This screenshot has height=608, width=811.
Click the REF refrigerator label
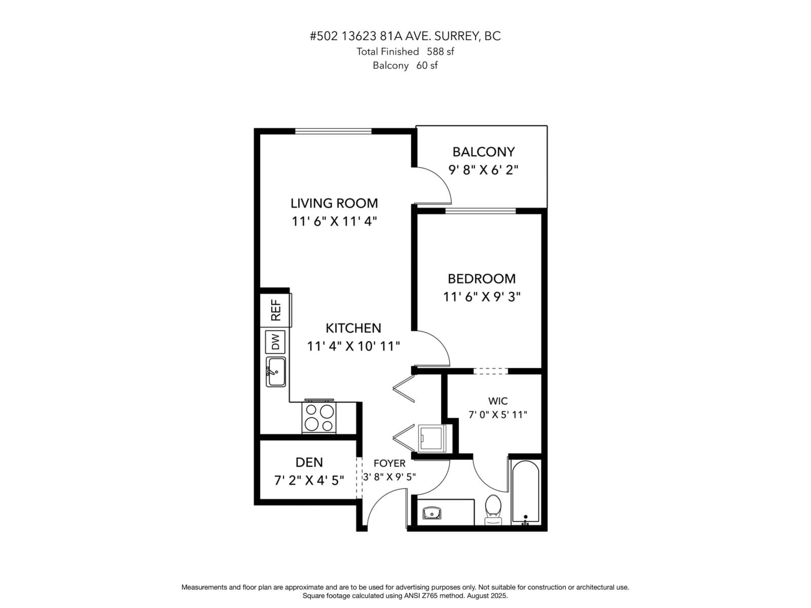[276, 310]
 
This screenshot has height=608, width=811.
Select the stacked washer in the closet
[432, 438]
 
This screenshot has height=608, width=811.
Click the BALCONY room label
[483, 152]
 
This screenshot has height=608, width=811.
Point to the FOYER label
[389, 463]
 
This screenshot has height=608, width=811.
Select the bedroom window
[480, 211]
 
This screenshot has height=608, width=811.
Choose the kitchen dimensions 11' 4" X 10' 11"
[353, 346]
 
